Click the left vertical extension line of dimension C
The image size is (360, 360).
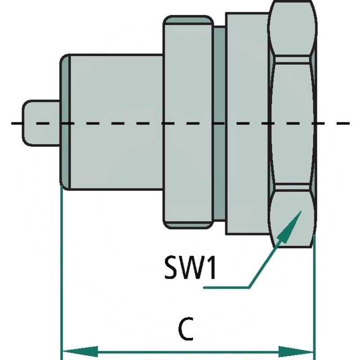tap(61, 270)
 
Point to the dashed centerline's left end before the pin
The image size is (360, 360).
tap(16, 123)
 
